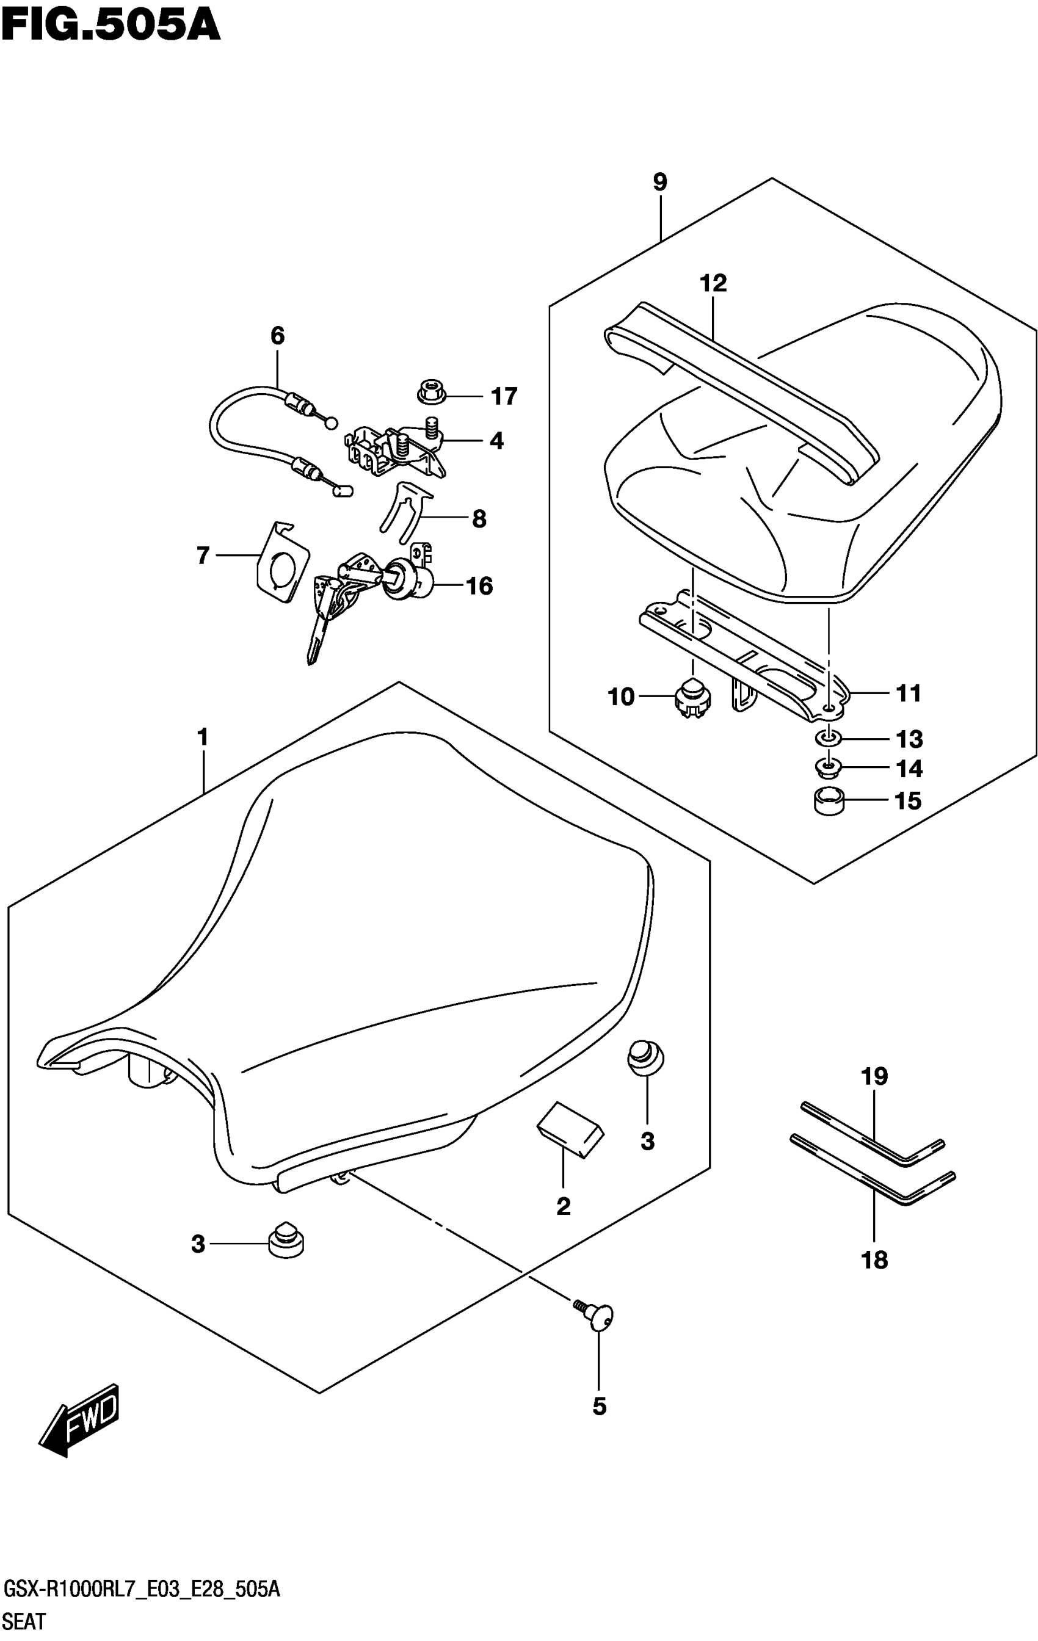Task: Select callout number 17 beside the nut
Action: point(504,396)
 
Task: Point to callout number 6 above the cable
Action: point(277,335)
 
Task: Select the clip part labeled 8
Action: point(405,512)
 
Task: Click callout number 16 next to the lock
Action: point(479,586)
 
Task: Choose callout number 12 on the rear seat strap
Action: point(713,283)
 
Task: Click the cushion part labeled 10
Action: point(692,697)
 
